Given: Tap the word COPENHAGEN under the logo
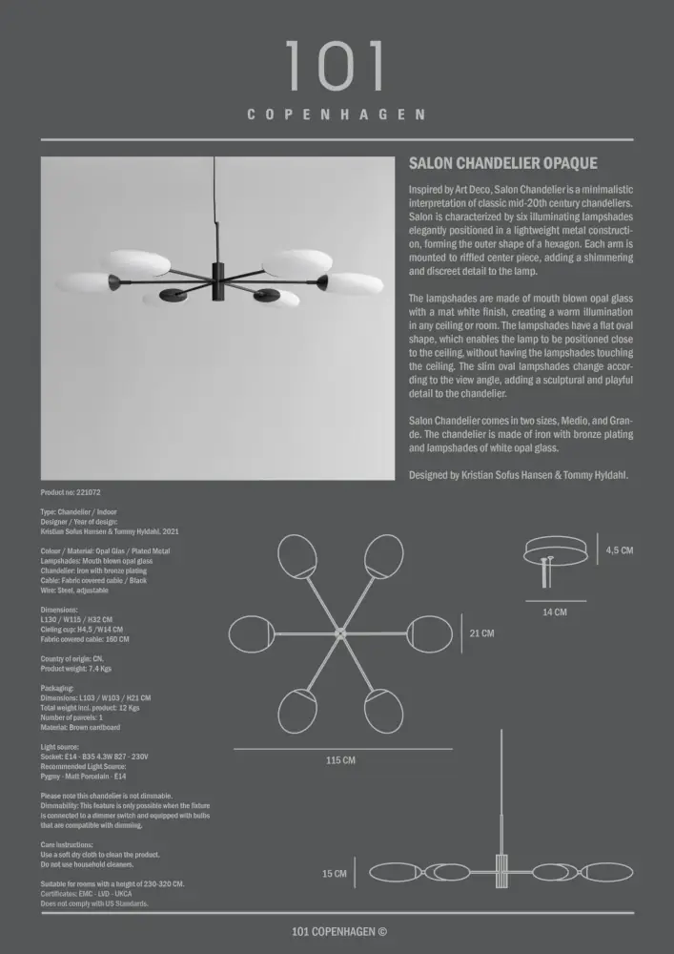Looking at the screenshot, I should coord(337,114).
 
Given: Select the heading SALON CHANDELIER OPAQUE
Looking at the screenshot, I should coord(502,164).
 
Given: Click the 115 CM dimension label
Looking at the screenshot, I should coord(340,760).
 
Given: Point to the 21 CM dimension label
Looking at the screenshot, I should coord(482,633).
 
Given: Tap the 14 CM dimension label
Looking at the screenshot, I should coord(555,612).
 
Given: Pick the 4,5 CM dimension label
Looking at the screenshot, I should coord(620,550).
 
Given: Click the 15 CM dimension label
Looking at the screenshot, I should coord(335,873).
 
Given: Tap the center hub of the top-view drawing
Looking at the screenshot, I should coord(339,633).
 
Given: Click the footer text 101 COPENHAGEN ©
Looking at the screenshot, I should coord(339,932).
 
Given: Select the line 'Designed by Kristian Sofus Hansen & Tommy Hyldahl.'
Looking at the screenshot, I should coord(518,474).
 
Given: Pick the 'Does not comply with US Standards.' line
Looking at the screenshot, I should coord(94,902).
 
